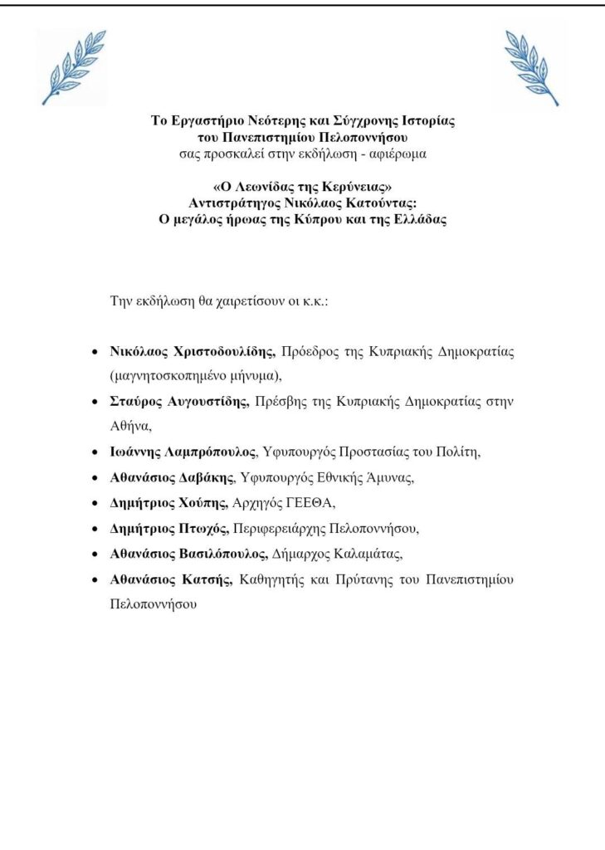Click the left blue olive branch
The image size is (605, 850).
click(x=74, y=67)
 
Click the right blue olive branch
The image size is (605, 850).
click(x=532, y=67)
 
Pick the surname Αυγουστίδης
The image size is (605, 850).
click(x=204, y=402)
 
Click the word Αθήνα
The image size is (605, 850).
click(x=128, y=426)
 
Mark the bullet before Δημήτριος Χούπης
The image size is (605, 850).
click(x=95, y=504)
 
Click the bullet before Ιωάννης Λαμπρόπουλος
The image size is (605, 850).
click(x=95, y=453)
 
